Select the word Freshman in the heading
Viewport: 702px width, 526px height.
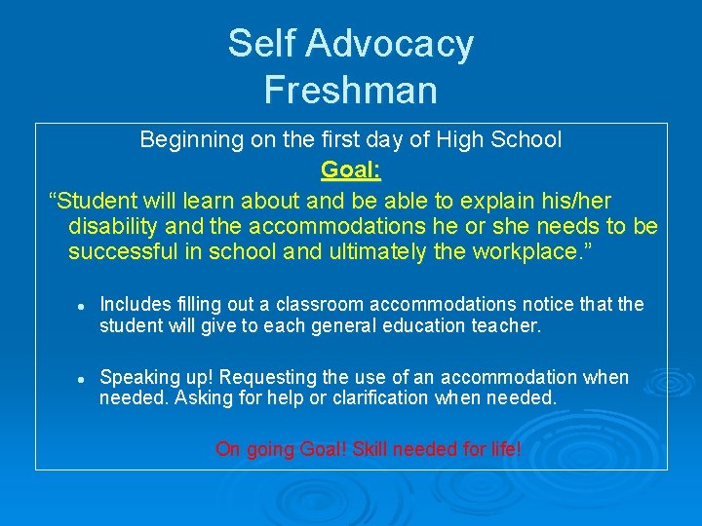point(351,91)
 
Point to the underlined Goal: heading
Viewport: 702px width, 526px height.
point(351,169)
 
